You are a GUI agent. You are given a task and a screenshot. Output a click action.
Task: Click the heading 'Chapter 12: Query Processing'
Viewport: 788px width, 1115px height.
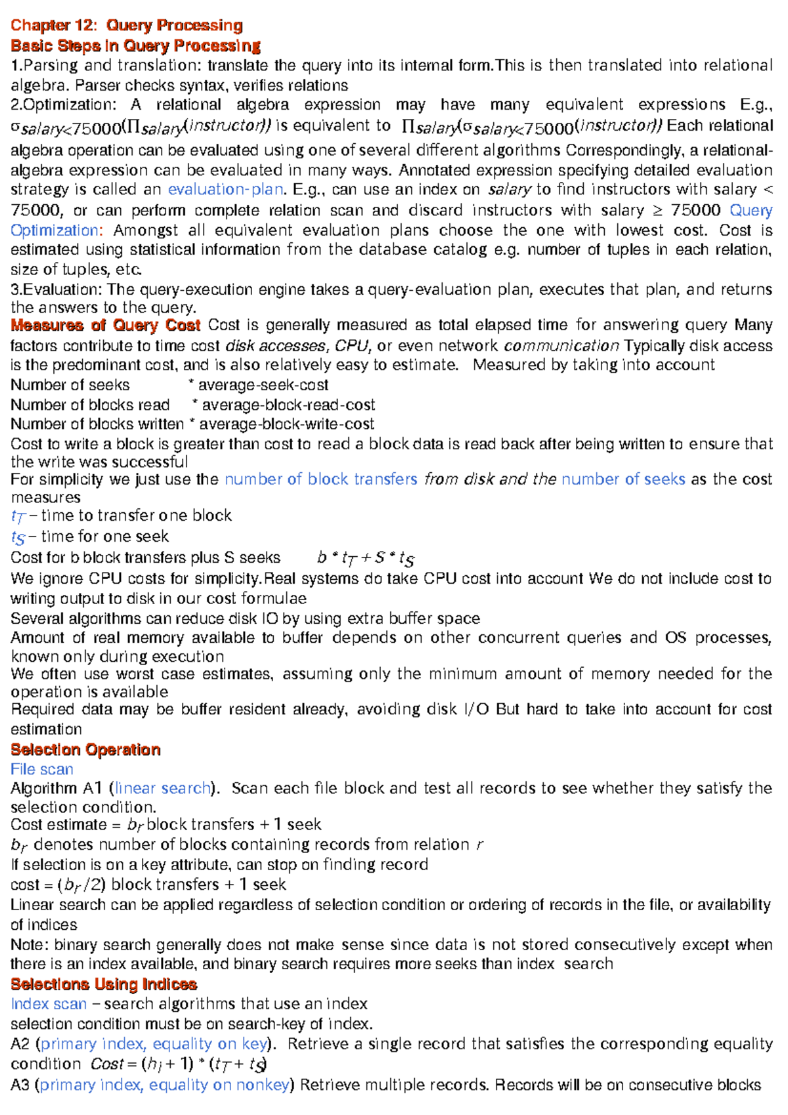(x=126, y=26)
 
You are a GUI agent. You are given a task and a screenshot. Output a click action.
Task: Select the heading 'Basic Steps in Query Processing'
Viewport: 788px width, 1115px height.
(x=135, y=46)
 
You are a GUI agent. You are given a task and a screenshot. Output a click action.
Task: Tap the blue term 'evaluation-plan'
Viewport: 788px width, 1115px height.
(x=225, y=190)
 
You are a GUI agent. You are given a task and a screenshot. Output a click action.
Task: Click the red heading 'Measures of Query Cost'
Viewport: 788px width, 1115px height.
(x=105, y=326)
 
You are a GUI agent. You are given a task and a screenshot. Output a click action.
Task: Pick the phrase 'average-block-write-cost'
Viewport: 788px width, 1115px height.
(x=286, y=424)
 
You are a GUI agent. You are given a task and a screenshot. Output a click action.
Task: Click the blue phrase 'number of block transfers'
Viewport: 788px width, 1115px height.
(x=320, y=479)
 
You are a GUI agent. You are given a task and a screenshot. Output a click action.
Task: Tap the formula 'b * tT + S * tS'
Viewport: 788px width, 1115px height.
(x=365, y=558)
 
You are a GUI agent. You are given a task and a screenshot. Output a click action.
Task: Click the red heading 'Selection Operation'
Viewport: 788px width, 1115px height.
(x=85, y=750)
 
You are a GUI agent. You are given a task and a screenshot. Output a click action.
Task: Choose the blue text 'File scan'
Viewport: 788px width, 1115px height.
(x=41, y=770)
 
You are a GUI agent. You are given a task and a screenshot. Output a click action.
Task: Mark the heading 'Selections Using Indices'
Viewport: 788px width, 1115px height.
(x=104, y=984)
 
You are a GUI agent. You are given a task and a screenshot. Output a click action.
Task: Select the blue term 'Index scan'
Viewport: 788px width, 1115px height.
(x=49, y=1004)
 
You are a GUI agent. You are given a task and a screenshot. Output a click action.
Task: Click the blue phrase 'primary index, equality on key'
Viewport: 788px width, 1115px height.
(x=154, y=1044)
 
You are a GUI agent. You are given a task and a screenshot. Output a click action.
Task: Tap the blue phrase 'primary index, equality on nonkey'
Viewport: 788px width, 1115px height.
(x=164, y=1085)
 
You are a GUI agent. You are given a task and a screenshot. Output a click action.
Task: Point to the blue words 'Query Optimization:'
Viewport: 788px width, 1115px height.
(x=750, y=211)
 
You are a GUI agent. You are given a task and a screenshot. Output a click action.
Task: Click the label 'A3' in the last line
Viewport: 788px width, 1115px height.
(x=20, y=1085)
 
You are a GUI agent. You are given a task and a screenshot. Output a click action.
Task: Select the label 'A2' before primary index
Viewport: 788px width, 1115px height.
(x=20, y=1044)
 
